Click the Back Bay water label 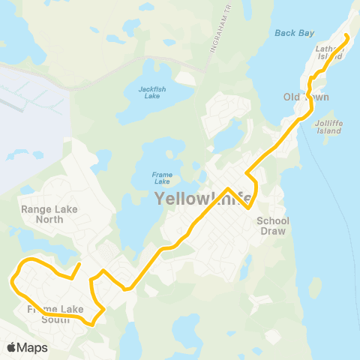coord(288,33)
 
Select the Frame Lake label coord(162,178)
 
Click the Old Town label coord(306,97)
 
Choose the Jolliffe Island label coord(329,126)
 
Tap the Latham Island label coord(331,50)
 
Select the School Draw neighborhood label coord(273,225)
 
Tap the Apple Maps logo coord(27,347)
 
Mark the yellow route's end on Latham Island coord(346,35)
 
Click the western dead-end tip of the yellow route coord(80,264)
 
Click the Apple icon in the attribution coord(11,347)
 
